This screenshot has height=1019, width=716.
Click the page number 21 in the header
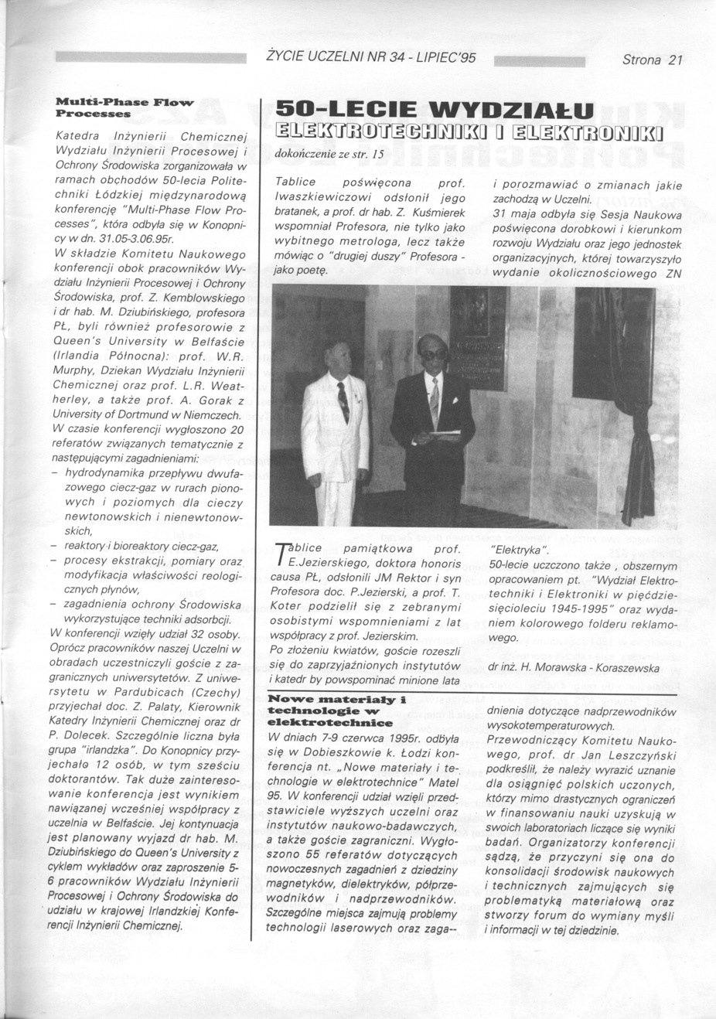click(675, 60)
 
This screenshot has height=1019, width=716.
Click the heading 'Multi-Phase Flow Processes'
click(124, 107)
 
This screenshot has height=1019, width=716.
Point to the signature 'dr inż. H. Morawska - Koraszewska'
click(574, 667)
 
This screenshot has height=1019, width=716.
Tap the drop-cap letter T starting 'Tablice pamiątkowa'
click(281, 554)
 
